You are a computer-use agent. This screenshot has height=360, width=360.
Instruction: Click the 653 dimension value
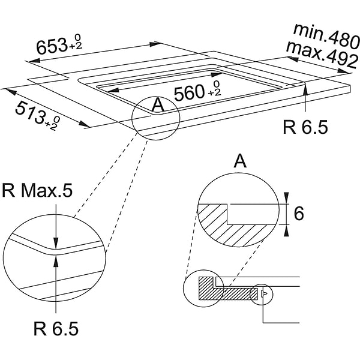click(x=52, y=47)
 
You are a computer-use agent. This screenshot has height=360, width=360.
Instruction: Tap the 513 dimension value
click(x=30, y=113)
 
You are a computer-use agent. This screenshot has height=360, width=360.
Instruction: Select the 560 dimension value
click(x=189, y=92)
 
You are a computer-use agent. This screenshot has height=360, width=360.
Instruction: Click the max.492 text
click(x=322, y=55)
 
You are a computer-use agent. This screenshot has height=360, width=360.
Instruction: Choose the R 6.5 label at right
click(x=305, y=127)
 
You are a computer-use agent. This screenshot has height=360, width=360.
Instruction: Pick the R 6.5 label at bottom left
click(x=56, y=329)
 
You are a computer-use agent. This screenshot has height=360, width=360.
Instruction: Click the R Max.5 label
click(x=37, y=190)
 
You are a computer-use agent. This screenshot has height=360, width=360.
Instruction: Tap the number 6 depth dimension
click(x=299, y=214)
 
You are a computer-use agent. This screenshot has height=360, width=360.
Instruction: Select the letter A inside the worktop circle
click(x=158, y=105)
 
